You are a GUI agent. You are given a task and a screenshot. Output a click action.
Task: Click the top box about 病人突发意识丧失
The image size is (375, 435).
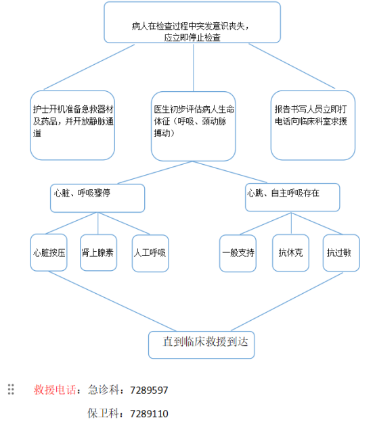pos(192,22)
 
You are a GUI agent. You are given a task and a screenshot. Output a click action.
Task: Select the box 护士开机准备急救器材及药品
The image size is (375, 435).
pos(72,125)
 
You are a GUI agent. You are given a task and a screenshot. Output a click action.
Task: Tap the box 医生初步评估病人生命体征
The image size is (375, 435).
pos(193,126)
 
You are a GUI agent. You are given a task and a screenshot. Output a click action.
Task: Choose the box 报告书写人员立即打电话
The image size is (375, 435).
pos(313,125)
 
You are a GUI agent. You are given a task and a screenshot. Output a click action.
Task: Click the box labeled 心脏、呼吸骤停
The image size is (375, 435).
pos(97,198)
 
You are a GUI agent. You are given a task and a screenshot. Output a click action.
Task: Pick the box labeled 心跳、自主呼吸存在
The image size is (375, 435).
pos(292,197)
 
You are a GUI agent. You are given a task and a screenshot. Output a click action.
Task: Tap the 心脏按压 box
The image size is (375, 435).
pos(49,253)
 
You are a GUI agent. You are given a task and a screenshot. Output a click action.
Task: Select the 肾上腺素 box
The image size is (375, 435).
pos(98,253)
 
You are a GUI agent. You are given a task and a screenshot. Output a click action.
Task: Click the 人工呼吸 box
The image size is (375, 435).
pos(150,253)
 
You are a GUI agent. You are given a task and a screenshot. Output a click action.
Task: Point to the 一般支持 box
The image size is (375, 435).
pos(238,253)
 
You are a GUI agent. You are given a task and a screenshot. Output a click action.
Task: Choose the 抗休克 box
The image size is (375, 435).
pos(290,253)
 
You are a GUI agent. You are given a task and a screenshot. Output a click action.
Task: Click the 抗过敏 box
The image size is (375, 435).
pos(341,253)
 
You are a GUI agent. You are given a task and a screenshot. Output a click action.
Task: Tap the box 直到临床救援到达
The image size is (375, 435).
pos(201,345)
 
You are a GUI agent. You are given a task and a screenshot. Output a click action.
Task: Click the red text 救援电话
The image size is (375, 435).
pos(55,390)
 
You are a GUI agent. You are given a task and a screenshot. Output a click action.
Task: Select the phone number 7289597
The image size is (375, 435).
pos(149,390)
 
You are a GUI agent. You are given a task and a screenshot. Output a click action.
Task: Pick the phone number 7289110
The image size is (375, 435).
pos(149,413)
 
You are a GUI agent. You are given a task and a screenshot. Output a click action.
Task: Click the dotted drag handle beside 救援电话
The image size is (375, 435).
pos(11,389)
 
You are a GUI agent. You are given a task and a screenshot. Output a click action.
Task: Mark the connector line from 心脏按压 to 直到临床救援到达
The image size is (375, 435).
pos(112,301)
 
